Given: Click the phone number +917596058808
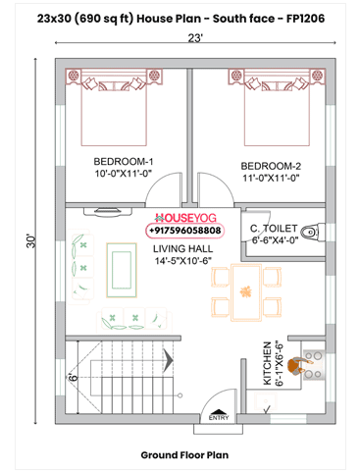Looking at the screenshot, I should click(184, 231).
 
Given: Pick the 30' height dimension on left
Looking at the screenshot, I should click(31, 239).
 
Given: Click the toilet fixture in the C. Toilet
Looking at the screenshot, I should click(310, 233).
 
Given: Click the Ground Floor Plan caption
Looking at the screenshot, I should click(184, 455).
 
